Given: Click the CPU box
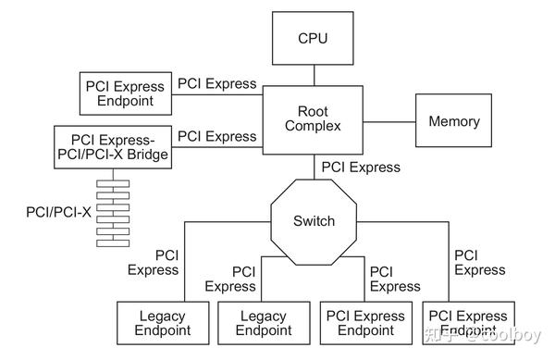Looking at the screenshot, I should coord(313,39).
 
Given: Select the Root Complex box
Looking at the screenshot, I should coord(313,118).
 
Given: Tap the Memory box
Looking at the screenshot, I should coord(453,121).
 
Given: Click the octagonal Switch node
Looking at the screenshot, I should coord(314,221).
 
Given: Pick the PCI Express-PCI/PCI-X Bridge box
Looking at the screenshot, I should coord(112,146).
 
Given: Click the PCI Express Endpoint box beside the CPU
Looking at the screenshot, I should coord(123,93).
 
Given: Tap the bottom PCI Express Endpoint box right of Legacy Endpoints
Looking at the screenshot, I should coord(365,322).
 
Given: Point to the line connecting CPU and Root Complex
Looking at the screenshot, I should coord(313,74).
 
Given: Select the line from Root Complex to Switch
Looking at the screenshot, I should coord(314,169).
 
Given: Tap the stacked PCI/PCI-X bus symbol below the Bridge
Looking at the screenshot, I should coord(112,211).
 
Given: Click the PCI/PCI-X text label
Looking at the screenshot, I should coord(58,212).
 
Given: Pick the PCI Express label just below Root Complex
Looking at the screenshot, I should coord(361,168).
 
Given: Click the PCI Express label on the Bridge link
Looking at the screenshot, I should coord(216,136).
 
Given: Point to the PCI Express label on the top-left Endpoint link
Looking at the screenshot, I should coord(216,83).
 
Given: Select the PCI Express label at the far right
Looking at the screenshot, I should coord(479,262).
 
